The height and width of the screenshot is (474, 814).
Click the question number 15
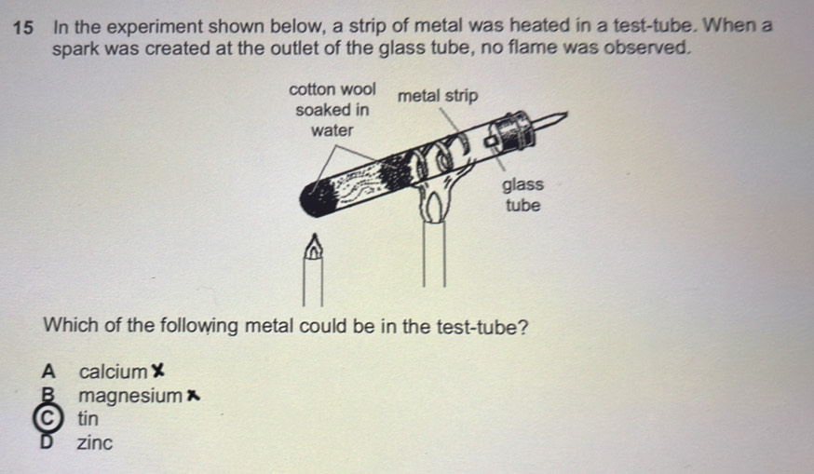pos(23,28)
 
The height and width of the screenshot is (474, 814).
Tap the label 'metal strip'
pos(438,96)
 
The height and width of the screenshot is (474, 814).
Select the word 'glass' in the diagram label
pos(522,184)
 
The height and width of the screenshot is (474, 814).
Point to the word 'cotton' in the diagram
pos(312,89)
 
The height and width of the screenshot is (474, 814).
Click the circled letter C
pos(47,418)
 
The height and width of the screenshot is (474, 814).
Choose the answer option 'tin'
pos(88,418)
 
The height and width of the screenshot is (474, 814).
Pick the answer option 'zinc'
pos(94,443)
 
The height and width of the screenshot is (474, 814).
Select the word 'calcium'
pos(114,372)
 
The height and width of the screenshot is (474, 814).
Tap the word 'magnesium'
pos(130,396)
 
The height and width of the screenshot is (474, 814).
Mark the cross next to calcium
pos(157,371)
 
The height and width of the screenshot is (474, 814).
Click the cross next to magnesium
pos(193,396)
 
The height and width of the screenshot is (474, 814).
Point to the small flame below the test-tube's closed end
pos(314,246)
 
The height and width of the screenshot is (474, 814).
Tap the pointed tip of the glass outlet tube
pos(566,114)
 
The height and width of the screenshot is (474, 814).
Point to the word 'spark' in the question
pos(75,49)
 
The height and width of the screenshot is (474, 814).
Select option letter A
pos(48,372)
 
